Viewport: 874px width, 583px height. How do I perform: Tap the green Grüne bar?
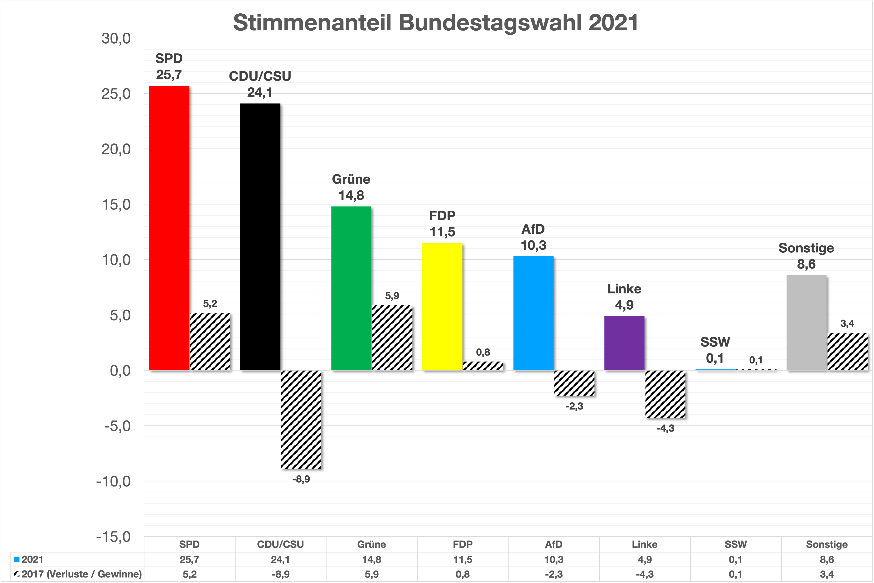351,288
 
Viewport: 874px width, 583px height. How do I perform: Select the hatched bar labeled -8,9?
301,419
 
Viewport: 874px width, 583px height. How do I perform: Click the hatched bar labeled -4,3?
665,394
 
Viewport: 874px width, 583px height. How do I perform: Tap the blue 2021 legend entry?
29,560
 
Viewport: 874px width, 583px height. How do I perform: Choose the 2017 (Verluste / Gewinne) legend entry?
78,574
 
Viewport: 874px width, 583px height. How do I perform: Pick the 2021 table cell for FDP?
462,560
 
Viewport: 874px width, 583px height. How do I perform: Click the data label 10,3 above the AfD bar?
533,245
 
